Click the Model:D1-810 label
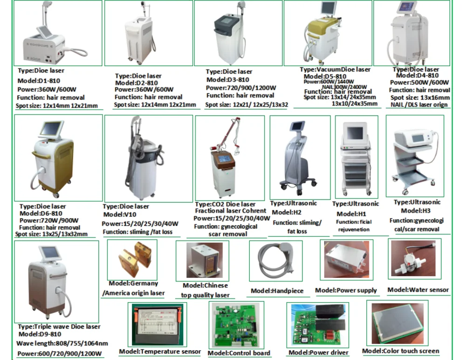point(40,80)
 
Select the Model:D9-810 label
point(40,334)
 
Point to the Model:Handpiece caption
point(277,291)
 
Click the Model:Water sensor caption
point(418,290)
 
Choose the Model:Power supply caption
point(346,291)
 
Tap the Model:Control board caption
point(239,353)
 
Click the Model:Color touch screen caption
point(400,351)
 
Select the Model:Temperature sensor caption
point(160,352)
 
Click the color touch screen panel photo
point(397,323)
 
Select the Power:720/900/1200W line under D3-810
point(241,88)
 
